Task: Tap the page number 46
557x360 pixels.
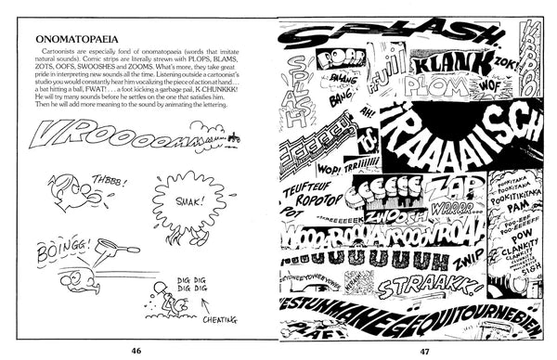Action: point(136,350)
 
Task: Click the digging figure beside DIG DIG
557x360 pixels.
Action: point(164,299)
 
